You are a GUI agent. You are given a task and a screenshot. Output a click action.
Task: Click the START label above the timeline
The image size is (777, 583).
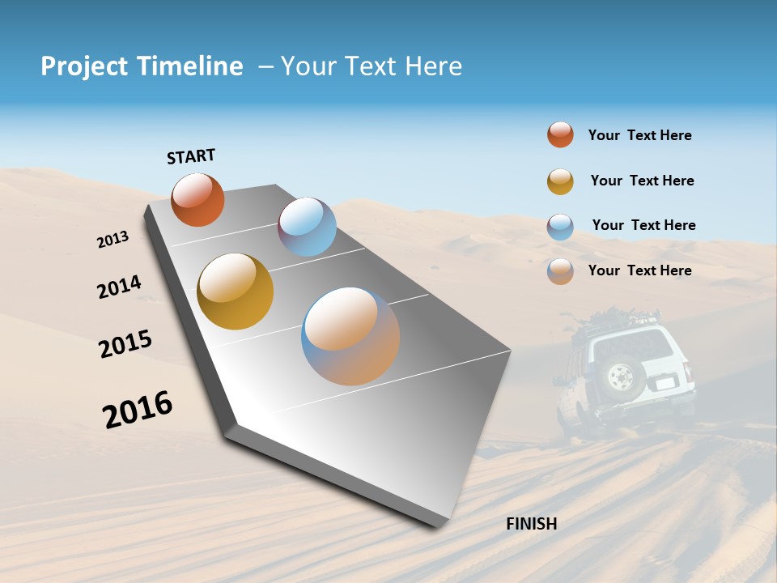(191, 155)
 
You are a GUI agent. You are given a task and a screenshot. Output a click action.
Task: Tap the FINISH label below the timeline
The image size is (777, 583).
(531, 524)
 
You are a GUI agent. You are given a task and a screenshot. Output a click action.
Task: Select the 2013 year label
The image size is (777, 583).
(113, 240)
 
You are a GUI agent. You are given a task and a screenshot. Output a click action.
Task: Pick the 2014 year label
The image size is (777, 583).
(119, 287)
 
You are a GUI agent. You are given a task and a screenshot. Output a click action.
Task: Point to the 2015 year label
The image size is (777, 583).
(125, 344)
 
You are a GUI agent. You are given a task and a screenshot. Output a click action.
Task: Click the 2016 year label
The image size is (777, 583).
(138, 410)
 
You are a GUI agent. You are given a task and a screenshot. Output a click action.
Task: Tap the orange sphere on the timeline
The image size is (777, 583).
(197, 199)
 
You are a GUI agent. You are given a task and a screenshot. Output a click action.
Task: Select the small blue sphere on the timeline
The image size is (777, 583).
(307, 227)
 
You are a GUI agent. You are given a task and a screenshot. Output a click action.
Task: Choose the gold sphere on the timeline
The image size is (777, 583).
(236, 291)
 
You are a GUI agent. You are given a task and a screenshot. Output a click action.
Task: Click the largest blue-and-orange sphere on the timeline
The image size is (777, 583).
(350, 336)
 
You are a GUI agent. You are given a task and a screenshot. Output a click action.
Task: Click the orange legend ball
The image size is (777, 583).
(560, 134)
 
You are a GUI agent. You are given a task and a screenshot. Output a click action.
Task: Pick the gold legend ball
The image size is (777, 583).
(560, 181)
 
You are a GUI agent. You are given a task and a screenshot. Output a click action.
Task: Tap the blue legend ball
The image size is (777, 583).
(560, 227)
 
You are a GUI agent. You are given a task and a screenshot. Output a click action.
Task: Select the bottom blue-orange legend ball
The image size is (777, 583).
(560, 271)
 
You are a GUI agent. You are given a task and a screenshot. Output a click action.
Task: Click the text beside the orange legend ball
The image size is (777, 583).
(639, 135)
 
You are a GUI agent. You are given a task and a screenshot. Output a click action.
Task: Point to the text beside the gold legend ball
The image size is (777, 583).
(642, 181)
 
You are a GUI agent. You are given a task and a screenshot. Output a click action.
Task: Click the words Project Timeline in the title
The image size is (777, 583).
(142, 66)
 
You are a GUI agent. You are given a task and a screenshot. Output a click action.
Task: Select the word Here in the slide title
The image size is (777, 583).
(433, 66)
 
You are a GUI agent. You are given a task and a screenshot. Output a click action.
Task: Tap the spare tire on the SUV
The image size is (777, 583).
(621, 376)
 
